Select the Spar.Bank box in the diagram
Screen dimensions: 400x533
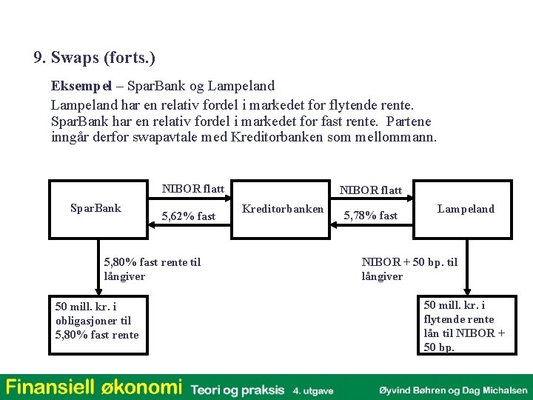click(x=95, y=209)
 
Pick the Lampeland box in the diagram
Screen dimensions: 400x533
click(x=466, y=209)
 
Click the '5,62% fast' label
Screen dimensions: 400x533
click(x=188, y=216)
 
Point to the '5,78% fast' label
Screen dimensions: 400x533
click(x=370, y=216)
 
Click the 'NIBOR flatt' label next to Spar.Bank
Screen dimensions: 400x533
click(x=192, y=189)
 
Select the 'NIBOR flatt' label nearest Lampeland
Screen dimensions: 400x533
click(x=370, y=190)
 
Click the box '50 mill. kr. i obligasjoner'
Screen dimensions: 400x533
click(x=97, y=321)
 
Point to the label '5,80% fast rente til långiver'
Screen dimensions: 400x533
click(x=152, y=269)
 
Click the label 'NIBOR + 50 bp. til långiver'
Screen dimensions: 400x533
click(x=409, y=269)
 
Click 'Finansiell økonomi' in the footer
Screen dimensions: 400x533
click(x=93, y=387)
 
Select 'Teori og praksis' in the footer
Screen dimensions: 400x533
click(x=237, y=389)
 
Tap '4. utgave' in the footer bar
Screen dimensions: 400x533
click(x=313, y=390)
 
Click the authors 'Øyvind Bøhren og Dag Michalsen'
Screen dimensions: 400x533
click(x=452, y=389)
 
